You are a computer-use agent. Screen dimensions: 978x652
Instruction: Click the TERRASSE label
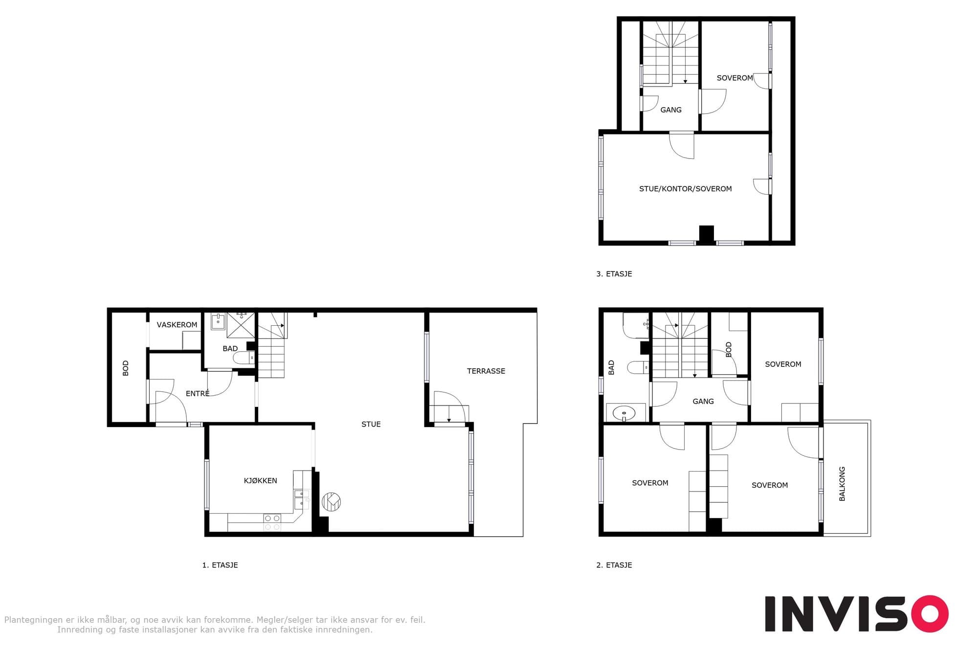click(x=486, y=371)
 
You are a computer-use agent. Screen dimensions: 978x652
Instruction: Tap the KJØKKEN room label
click(x=260, y=481)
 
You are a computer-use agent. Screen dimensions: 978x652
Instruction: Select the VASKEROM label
click(x=177, y=325)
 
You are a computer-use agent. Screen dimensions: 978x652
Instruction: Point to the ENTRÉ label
click(x=198, y=393)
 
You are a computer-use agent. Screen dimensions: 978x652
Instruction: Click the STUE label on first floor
click(x=371, y=425)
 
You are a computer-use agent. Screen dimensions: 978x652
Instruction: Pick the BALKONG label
click(x=842, y=484)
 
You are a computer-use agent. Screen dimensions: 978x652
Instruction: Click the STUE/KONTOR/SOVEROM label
click(x=685, y=189)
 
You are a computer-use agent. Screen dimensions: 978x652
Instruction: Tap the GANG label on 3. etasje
click(x=671, y=110)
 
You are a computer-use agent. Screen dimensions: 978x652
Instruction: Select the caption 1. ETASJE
click(x=220, y=565)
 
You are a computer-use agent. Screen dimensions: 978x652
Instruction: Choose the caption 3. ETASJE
click(x=614, y=274)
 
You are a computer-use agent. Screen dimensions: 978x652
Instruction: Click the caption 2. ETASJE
click(x=614, y=565)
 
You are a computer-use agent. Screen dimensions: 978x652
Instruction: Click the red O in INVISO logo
click(x=930, y=614)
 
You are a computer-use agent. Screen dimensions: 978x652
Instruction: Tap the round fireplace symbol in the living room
click(x=332, y=502)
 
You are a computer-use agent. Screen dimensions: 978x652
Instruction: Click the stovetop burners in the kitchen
click(x=272, y=522)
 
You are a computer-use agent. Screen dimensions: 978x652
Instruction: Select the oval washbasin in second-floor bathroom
click(x=624, y=413)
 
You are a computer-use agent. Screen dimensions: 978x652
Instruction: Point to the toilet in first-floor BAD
click(x=244, y=358)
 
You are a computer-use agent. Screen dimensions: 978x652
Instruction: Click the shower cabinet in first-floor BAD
click(x=241, y=325)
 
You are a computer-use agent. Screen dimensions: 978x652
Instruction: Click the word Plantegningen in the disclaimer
click(x=33, y=620)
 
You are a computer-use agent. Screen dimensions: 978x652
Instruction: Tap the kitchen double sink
click(x=301, y=499)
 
